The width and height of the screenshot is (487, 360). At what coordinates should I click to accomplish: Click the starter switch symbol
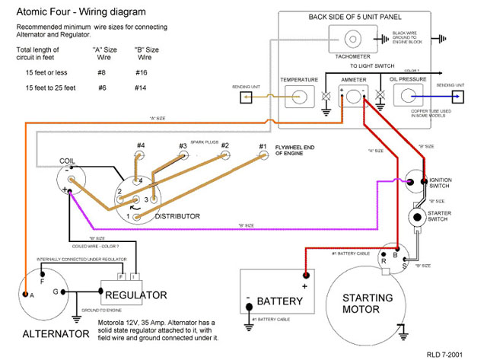pos(417,217)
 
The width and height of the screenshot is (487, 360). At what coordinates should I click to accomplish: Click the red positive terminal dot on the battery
pos(306,277)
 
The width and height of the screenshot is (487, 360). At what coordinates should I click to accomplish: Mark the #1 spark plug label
pos(263,146)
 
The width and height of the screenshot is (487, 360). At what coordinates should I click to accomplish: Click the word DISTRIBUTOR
pos(177,216)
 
